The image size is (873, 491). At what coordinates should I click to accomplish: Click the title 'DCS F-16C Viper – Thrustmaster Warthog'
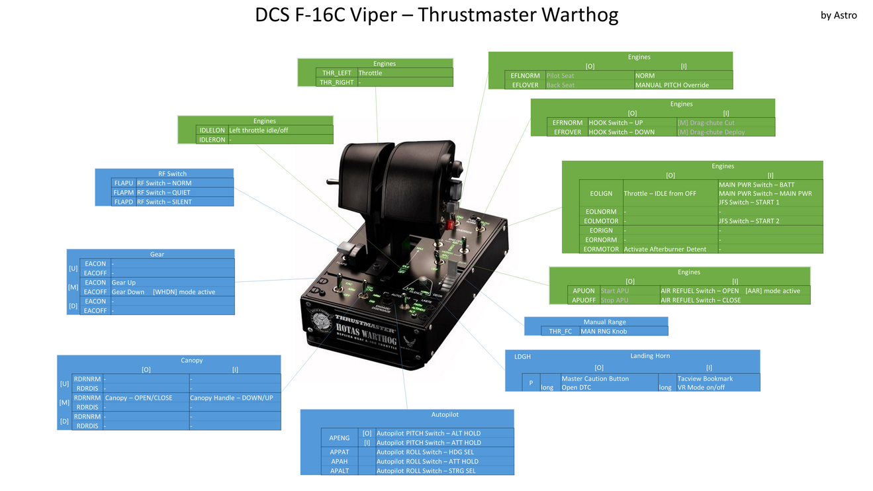tap(436, 15)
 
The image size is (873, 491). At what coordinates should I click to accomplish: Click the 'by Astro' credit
tap(838, 15)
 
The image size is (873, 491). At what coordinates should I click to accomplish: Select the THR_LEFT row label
tap(337, 73)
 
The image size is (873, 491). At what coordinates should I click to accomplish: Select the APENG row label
tap(340, 438)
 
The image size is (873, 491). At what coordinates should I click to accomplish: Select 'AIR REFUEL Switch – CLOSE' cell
tap(700, 300)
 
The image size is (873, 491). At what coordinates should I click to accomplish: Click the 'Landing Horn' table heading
tap(649, 356)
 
